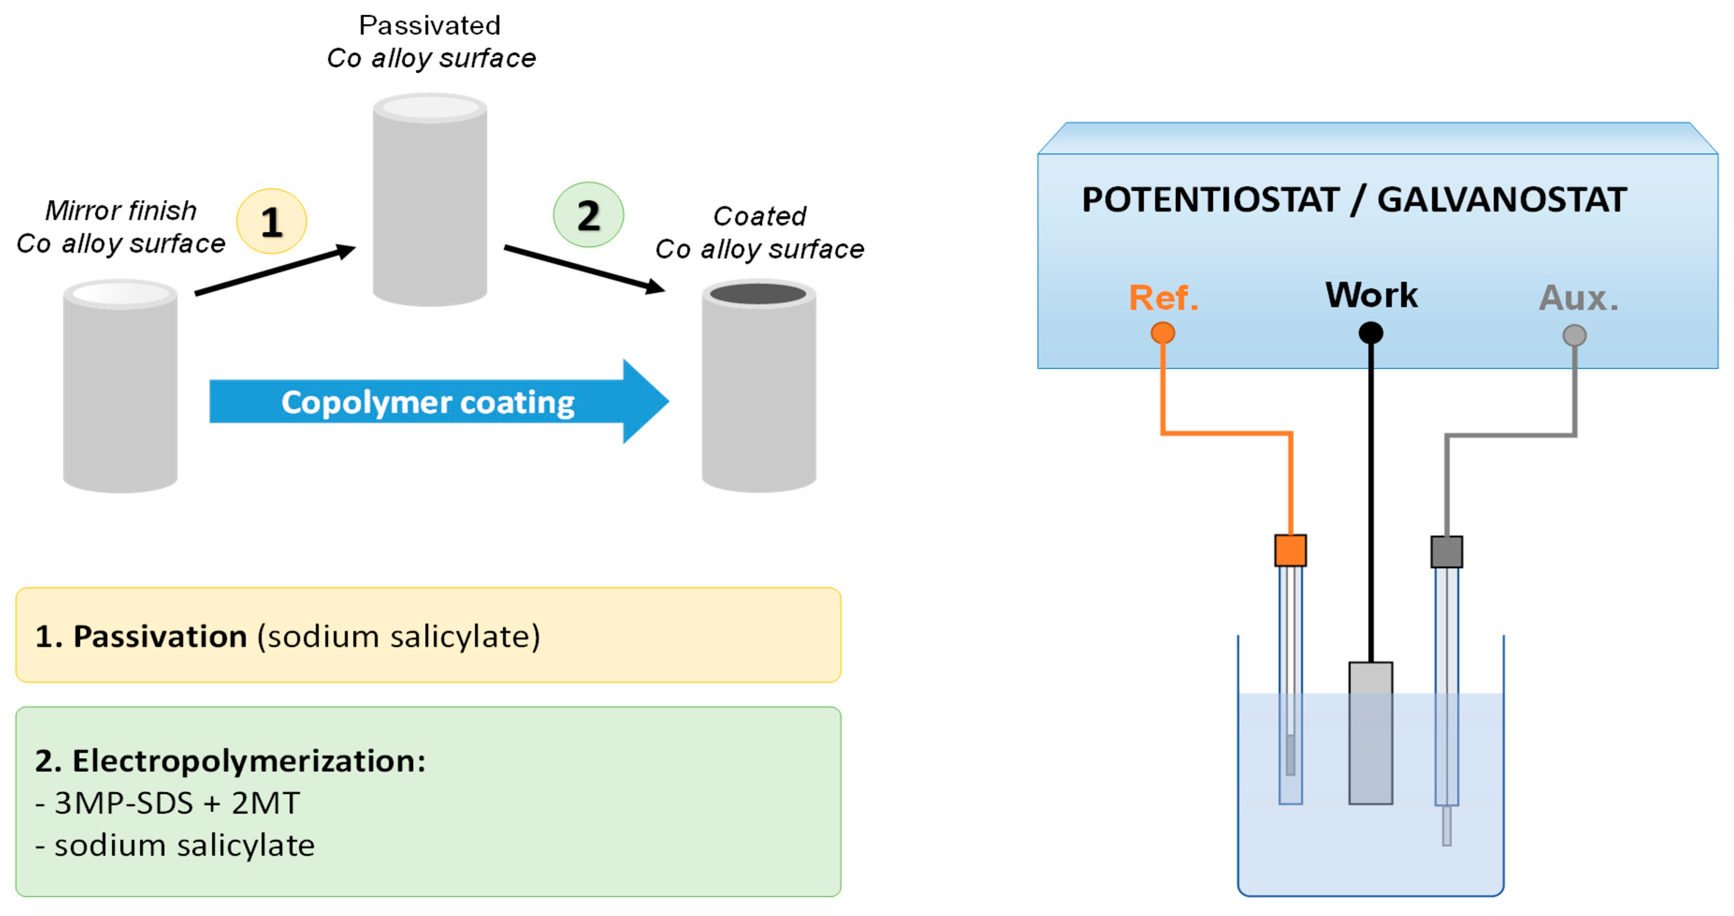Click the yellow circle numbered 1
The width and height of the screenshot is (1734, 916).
click(271, 222)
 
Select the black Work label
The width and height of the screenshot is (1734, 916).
click(1371, 295)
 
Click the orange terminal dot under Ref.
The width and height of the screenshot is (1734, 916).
click(1162, 332)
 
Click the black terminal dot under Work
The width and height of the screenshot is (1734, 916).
click(1371, 332)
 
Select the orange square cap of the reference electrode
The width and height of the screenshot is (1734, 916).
click(1290, 550)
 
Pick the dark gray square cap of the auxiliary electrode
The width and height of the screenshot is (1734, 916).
click(1446, 552)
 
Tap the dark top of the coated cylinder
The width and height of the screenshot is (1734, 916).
click(758, 294)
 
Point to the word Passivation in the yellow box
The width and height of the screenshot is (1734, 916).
click(160, 636)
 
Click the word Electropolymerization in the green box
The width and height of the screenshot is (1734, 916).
click(248, 761)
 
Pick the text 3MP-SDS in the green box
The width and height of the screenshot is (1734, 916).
click(124, 803)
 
